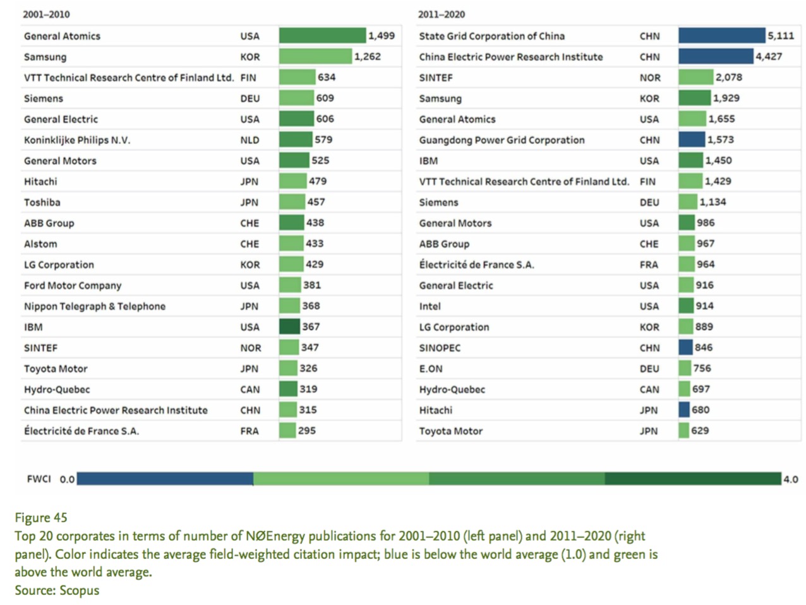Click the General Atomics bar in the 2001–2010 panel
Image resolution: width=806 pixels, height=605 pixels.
coord(322,36)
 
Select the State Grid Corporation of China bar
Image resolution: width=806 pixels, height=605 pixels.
coord(721,36)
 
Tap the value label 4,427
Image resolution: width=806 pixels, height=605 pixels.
coord(769,57)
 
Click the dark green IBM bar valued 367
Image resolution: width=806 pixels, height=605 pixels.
coord(289,326)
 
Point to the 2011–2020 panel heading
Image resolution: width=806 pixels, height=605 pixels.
coord(442,15)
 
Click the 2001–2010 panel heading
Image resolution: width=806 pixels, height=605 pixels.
coord(46,15)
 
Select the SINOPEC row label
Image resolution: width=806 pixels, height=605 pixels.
coord(440,348)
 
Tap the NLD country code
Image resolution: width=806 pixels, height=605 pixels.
coord(250,140)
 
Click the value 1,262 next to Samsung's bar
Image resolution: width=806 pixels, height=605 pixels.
coord(368,57)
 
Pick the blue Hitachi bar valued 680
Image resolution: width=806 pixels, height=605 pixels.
coord(684,410)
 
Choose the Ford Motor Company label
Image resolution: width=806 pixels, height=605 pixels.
coord(73,285)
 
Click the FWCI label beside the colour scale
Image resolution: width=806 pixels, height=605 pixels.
coord(39,479)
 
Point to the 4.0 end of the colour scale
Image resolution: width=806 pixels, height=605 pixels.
coord(791,479)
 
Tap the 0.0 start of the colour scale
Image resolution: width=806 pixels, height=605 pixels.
coord(67,479)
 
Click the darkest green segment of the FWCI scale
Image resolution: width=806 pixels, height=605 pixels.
coord(692,479)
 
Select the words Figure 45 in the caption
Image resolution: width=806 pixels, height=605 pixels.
coord(41,518)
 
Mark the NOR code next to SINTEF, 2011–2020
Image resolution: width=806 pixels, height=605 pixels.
coord(650,78)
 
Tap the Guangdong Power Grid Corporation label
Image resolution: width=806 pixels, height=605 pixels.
coord(502,140)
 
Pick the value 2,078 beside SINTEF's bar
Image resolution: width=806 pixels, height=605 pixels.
coord(729,78)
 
